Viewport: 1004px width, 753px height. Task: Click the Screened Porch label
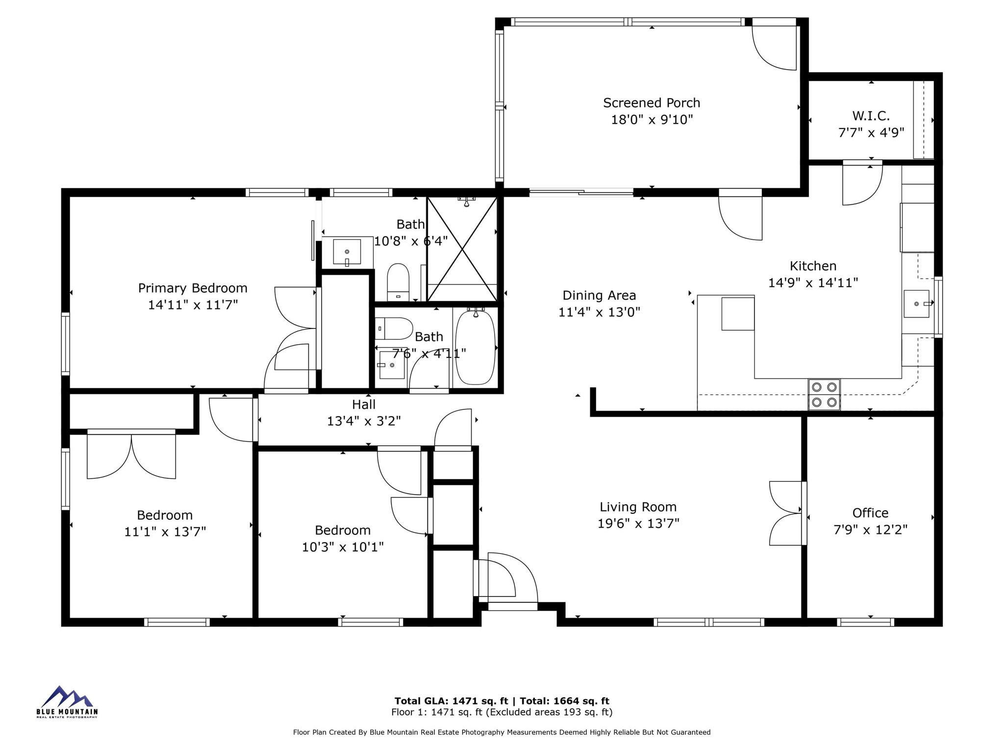pos(652,103)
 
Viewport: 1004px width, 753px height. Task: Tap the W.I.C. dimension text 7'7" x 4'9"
pos(871,133)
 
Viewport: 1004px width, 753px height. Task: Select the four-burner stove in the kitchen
pos(824,395)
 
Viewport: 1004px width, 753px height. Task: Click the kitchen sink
pos(917,304)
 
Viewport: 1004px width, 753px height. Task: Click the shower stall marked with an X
pos(462,249)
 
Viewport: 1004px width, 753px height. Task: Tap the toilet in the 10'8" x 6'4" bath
pos(398,282)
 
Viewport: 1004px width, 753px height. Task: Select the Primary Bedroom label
pos(193,288)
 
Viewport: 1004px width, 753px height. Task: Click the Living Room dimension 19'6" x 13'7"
pos(638,524)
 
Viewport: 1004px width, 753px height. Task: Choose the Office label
pos(870,513)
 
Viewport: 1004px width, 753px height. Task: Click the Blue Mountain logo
pos(67,702)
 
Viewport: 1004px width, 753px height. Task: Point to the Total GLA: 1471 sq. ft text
pos(452,701)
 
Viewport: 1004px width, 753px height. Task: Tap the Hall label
pos(364,404)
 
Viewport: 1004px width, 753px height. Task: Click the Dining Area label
pos(599,295)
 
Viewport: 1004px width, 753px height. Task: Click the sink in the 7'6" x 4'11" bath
pos(392,365)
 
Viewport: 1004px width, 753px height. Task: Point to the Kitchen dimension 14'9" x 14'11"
pos(813,283)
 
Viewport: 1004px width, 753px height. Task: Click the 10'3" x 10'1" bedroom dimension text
pos(343,547)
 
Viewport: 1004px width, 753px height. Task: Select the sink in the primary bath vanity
pos(347,251)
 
